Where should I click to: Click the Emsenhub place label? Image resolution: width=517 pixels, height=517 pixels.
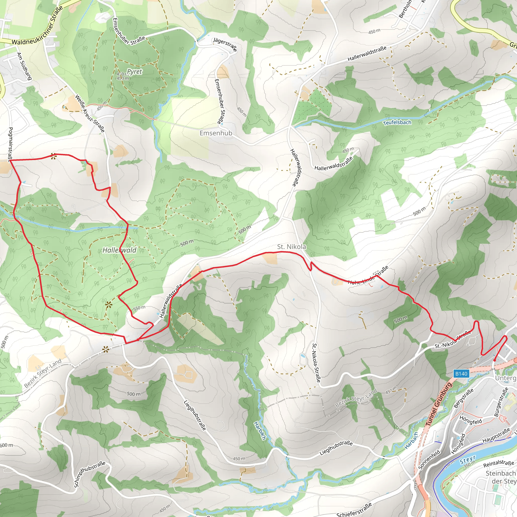click(216, 133)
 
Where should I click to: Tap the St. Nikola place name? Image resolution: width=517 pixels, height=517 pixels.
click(291, 246)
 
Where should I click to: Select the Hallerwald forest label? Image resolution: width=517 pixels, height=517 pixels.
click(119, 250)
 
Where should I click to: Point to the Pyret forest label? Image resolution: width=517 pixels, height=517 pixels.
click(134, 71)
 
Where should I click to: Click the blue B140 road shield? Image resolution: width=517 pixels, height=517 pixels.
click(461, 374)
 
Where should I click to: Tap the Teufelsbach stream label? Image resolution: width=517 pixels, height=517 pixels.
click(397, 122)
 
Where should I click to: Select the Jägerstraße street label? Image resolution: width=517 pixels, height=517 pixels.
click(225, 44)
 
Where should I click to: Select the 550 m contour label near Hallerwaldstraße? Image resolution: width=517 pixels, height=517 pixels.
click(139, 308)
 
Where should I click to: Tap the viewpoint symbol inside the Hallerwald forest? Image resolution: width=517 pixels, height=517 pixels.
click(108, 304)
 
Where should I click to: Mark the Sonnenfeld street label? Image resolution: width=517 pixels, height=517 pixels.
click(429, 460)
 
